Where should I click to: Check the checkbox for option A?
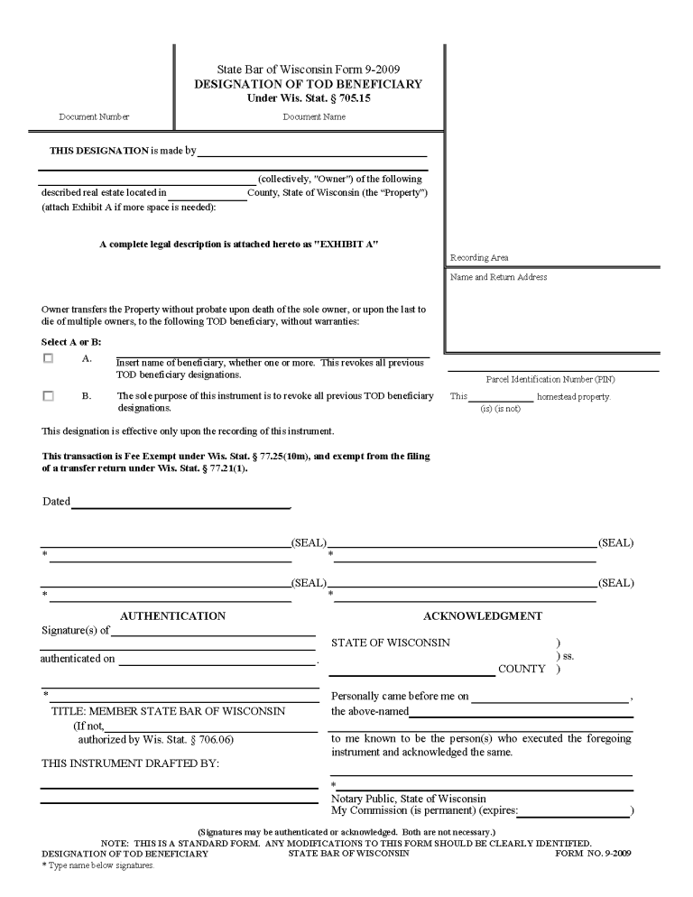[49, 358]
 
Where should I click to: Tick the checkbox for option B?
[49, 395]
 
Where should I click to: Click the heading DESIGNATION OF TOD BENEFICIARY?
[309, 84]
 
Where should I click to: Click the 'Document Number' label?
[94, 116]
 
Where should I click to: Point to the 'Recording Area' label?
[479, 258]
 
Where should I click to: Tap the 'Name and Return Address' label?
[498, 277]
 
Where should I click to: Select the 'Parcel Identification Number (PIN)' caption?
[550, 380]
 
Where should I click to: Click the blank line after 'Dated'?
[180, 503]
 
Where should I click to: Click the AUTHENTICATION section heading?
[172, 616]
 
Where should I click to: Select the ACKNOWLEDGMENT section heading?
[483, 616]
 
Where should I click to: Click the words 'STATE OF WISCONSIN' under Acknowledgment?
[391, 643]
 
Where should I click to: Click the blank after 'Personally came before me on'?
[550, 697]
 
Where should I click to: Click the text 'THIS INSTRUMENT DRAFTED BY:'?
[131, 763]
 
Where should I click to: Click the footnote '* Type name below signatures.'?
[98, 865]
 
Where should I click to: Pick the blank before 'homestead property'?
[501, 397]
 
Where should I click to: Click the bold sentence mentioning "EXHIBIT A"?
[238, 245]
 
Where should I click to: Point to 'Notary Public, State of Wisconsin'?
[409, 799]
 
